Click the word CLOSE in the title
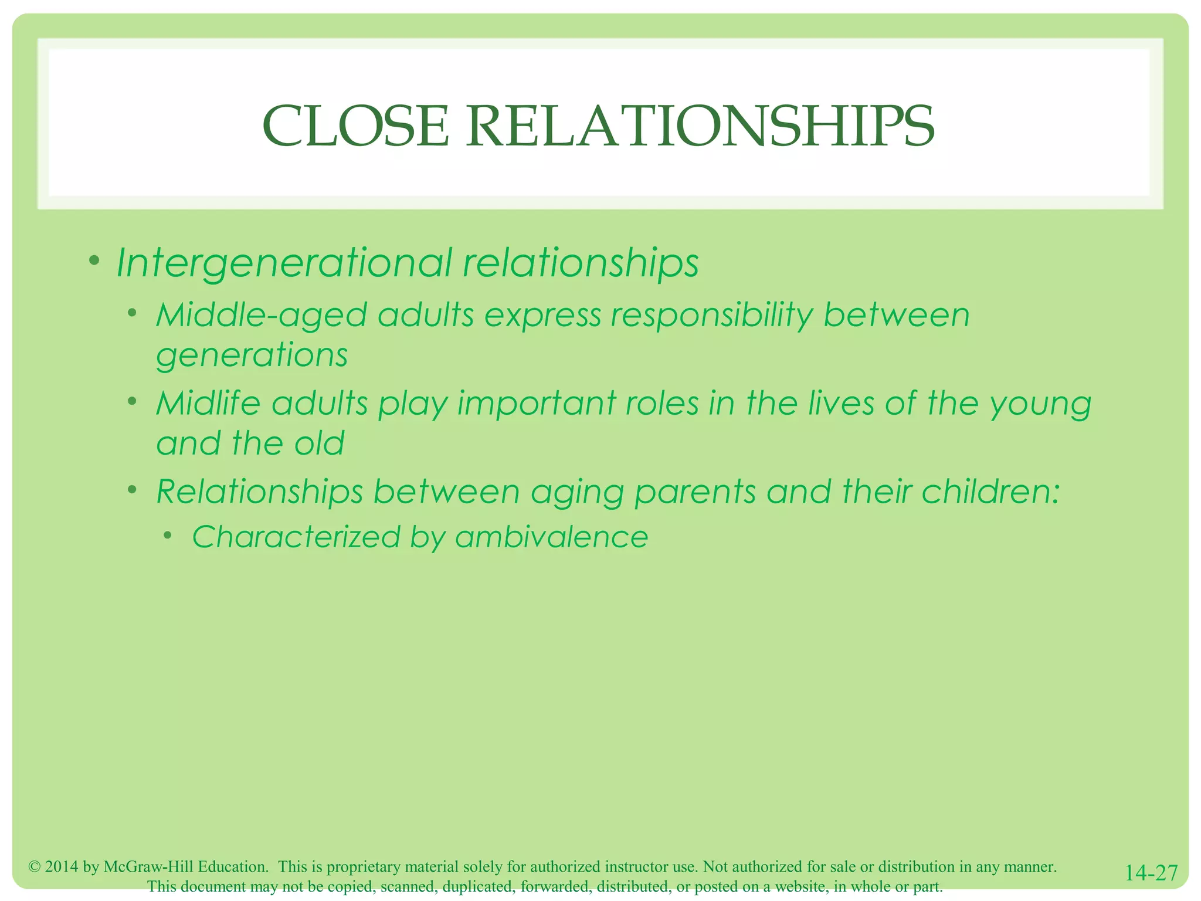click(355, 126)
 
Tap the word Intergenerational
click(284, 262)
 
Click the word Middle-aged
click(261, 316)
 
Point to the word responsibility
click(711, 316)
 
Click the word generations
click(252, 355)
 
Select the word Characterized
click(296, 537)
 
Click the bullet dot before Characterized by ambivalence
click(168, 535)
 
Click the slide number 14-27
click(1151, 873)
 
